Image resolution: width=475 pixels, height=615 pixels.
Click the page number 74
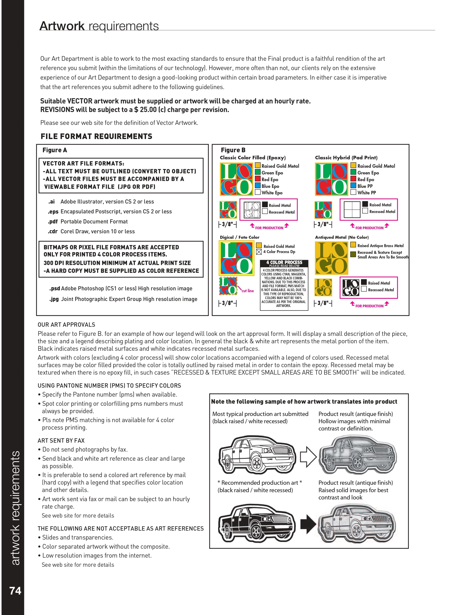pyautogui.click(x=15, y=591)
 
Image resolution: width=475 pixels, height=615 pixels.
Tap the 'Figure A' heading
pyautogui.click(x=55, y=150)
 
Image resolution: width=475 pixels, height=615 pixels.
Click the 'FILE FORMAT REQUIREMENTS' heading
pyautogui.click(x=96, y=137)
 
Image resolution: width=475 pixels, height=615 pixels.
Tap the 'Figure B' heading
pyautogui.click(x=233, y=150)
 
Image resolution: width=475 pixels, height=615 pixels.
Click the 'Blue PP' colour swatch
pyautogui.click(x=353, y=186)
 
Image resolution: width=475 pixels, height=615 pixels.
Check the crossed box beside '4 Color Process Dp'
pyautogui.click(x=259, y=252)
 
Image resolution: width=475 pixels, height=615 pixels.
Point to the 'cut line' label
pyautogui.click(x=248, y=291)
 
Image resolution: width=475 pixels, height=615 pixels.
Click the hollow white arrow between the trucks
pyautogui.click(x=308, y=456)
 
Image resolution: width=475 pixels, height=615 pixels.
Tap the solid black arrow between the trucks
pyautogui.click(x=308, y=524)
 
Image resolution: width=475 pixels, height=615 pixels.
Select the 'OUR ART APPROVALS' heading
pyautogui.click(x=66, y=325)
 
